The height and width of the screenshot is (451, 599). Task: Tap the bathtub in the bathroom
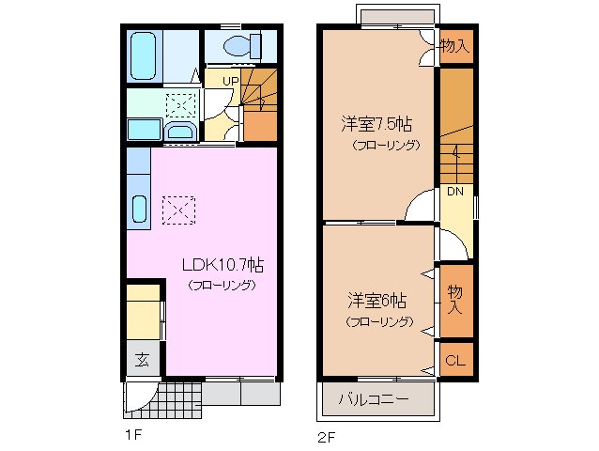point(145,55)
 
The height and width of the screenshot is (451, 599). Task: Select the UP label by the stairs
point(229,81)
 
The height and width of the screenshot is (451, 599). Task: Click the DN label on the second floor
point(455,192)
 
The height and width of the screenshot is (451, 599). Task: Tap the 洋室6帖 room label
point(376,302)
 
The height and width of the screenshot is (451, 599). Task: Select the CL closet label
point(455,360)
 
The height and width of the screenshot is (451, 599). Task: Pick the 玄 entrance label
point(142,359)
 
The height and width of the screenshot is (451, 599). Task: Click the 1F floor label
point(134,435)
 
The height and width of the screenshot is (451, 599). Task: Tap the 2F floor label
point(325,436)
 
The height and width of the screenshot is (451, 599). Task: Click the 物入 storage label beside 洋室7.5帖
point(454,45)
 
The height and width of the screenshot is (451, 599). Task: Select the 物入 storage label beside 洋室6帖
point(455,300)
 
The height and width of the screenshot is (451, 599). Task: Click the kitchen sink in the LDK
point(139,209)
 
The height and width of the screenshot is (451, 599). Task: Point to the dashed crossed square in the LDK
point(177,210)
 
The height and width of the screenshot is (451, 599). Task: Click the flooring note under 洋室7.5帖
point(385,145)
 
